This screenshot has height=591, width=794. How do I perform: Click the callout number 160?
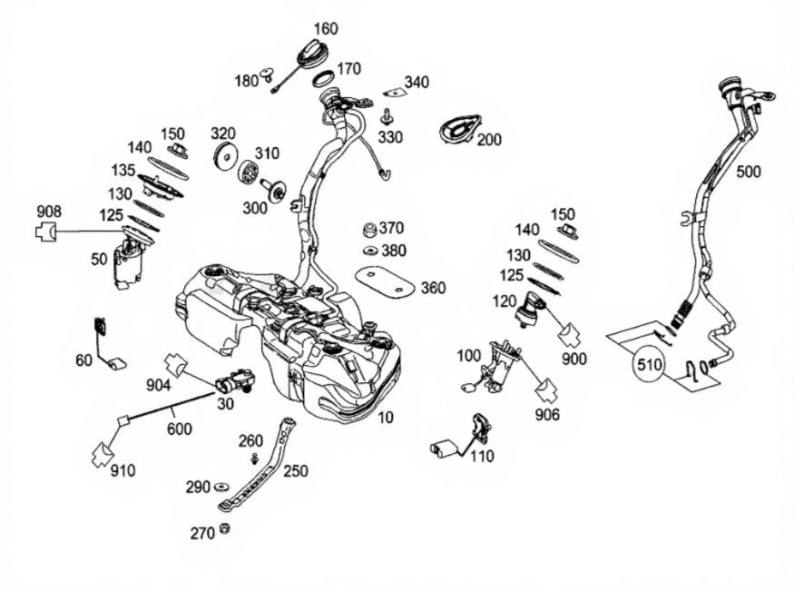pos(325,28)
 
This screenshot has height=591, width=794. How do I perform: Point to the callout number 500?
pos(749,172)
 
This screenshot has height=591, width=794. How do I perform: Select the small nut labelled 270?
pos(225,529)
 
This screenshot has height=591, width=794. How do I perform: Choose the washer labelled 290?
pos(222,488)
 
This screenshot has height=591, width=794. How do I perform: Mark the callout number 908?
pos(49,212)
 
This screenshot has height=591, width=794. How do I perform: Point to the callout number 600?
pos(180,428)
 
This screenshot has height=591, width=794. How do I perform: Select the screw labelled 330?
pos(387,116)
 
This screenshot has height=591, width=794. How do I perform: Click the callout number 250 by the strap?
pos(296,471)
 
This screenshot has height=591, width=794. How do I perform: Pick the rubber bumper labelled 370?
pos(369,227)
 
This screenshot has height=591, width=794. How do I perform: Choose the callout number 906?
pos(547,415)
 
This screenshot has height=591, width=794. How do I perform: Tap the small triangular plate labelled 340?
pos(393,92)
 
